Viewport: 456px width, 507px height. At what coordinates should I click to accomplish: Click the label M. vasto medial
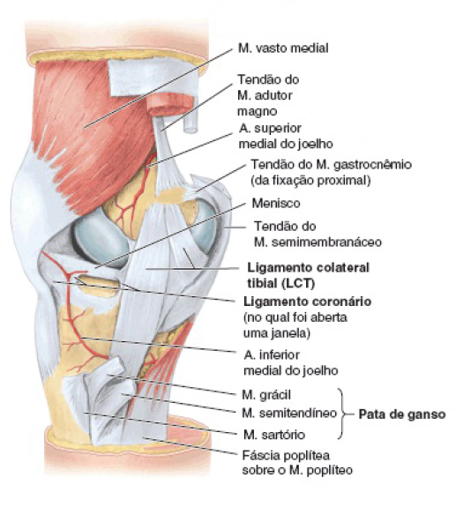coord(283,48)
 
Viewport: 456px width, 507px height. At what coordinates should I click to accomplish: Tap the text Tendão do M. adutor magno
coord(268,95)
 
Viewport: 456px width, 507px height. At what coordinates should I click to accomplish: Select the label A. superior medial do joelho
coord(286,136)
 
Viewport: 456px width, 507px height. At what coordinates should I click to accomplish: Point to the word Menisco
coord(276,204)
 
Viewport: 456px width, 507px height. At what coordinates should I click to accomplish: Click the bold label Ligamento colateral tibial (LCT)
coord(308,275)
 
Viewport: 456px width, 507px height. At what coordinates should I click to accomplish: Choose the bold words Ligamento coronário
coord(307,302)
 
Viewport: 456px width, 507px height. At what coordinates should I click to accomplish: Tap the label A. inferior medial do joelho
coord(291,362)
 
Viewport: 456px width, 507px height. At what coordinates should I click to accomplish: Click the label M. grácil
coord(266,395)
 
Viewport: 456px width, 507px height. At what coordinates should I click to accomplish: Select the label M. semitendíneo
coord(289,414)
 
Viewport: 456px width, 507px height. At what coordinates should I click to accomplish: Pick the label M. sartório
coord(274,435)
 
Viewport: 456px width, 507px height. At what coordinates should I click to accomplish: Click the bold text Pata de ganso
coord(402,414)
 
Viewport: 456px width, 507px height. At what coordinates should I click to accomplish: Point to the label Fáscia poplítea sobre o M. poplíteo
coord(297,463)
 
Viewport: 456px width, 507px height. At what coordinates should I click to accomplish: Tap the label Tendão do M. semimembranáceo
coord(318,234)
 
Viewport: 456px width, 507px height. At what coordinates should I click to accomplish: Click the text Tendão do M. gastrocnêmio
coord(332,165)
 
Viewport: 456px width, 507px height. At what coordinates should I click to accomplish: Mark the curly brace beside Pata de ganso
coord(341,414)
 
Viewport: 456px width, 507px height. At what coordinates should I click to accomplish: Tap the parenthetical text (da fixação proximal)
coord(310,181)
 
